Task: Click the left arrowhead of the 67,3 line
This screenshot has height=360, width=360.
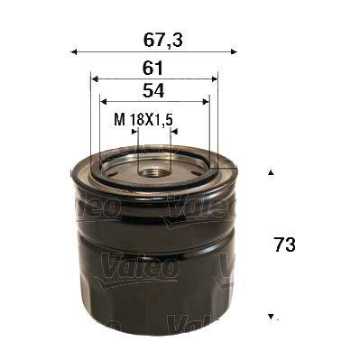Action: pyautogui.click(x=73, y=51)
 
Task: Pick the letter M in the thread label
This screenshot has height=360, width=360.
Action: pyautogui.click(x=118, y=118)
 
